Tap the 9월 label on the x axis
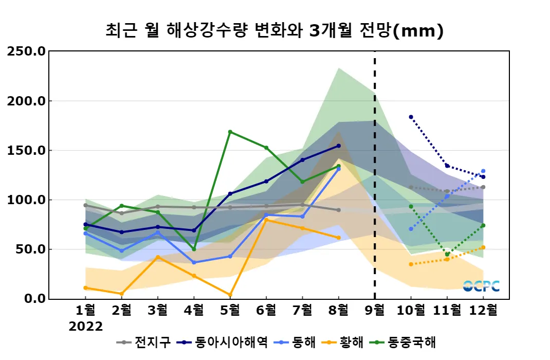(374, 311)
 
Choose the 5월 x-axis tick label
(230, 311)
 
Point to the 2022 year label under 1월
(86, 327)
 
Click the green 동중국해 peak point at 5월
(230, 132)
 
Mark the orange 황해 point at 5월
(230, 295)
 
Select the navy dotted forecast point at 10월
(411, 117)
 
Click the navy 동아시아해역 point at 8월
(338, 146)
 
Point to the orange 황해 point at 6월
(266, 220)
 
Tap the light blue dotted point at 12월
(483, 171)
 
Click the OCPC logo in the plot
(481, 286)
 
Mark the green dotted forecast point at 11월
(447, 254)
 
